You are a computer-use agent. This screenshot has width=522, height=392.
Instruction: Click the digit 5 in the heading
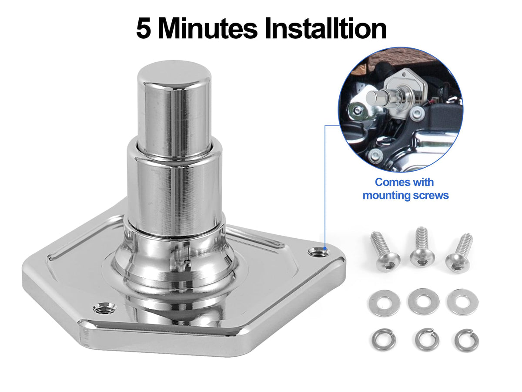[x=144, y=29]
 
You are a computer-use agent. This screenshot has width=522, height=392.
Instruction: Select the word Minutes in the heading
[x=207, y=29]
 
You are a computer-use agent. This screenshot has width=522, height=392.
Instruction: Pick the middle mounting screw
[x=422, y=247]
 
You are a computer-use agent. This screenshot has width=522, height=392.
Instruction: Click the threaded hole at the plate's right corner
[x=319, y=252]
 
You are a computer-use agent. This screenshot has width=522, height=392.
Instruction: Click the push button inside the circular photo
[x=375, y=96]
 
